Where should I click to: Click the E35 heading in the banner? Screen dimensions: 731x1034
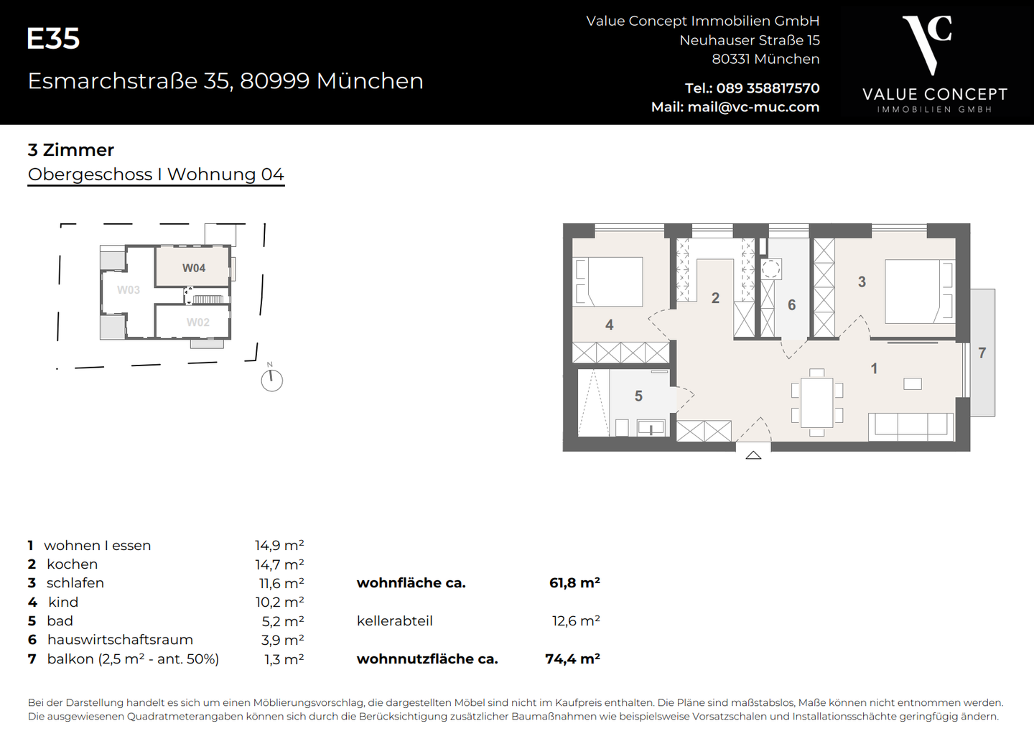(53, 39)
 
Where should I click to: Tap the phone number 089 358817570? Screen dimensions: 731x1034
(768, 88)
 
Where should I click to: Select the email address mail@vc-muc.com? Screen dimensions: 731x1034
(753, 107)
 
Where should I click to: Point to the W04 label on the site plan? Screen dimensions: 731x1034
(194, 268)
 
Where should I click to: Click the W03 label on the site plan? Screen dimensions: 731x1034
(129, 290)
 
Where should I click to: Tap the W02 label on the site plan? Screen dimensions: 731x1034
(198, 322)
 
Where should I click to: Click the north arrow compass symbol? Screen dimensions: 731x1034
(271, 380)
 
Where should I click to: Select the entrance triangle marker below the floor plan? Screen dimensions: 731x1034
(753, 455)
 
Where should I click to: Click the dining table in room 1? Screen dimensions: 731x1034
(816, 402)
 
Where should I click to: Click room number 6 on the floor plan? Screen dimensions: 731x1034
(791, 305)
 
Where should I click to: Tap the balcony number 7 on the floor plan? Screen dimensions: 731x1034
(982, 353)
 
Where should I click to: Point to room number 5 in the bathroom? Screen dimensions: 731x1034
(638, 396)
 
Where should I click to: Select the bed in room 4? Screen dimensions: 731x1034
(610, 281)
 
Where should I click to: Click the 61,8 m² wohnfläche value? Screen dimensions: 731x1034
(574, 583)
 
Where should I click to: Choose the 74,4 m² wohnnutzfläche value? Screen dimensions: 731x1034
(572, 658)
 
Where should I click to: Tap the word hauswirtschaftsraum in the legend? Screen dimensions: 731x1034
(120, 640)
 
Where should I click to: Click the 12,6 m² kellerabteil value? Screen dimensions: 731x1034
(576, 621)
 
